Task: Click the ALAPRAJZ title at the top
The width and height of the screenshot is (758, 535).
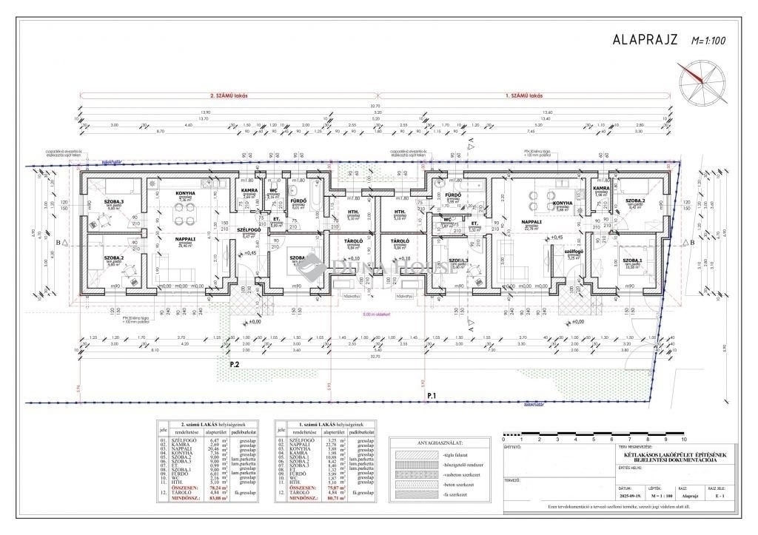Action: (x=643, y=40)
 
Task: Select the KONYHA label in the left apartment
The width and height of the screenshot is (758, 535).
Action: (x=184, y=194)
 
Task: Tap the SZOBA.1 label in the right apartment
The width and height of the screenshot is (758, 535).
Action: (x=631, y=260)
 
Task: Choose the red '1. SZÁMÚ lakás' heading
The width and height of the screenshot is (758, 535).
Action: (x=525, y=96)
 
